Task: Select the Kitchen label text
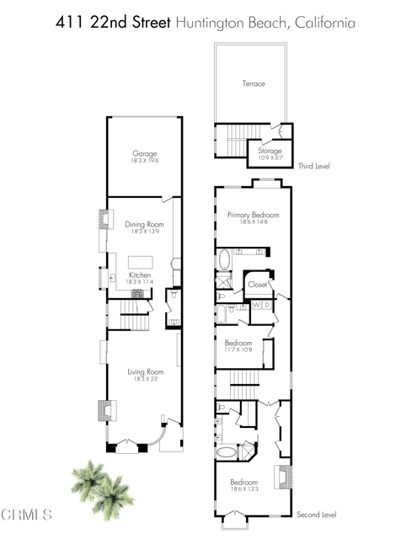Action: tap(140, 275)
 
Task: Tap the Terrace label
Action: tap(254, 84)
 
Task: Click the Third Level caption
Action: tap(314, 167)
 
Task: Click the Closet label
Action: tap(257, 285)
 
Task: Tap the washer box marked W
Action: tap(256, 305)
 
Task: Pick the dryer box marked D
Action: tap(267, 305)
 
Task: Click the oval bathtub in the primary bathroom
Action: tap(225, 259)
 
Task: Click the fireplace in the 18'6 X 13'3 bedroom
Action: tap(284, 478)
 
